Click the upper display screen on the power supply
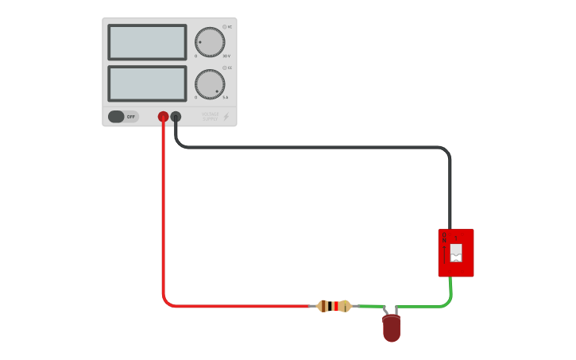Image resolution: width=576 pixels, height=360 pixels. click(147, 42)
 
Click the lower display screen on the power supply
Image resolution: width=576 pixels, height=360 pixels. click(147, 83)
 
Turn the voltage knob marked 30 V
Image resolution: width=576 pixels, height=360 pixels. click(210, 42)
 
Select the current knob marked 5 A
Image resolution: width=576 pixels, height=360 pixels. click(210, 84)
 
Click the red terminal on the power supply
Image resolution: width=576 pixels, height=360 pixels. click(163, 117)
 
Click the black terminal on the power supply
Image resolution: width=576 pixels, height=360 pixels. click(176, 117)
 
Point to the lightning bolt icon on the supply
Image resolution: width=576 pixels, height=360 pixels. click(226, 117)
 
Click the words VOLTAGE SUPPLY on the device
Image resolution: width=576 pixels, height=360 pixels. click(210, 117)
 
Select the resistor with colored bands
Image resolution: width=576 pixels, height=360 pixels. click(334, 306)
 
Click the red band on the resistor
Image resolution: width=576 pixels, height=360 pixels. click(335, 306)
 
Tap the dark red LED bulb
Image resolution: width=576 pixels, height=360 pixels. click(391, 328)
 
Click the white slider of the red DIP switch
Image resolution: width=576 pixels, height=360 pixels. click(456, 253)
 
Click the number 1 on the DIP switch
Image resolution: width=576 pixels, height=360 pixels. click(456, 237)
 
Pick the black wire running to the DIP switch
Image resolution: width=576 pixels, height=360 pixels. click(318, 147)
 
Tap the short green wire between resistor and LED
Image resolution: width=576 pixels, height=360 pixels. click(370, 306)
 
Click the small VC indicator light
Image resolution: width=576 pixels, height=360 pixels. click(224, 26)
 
